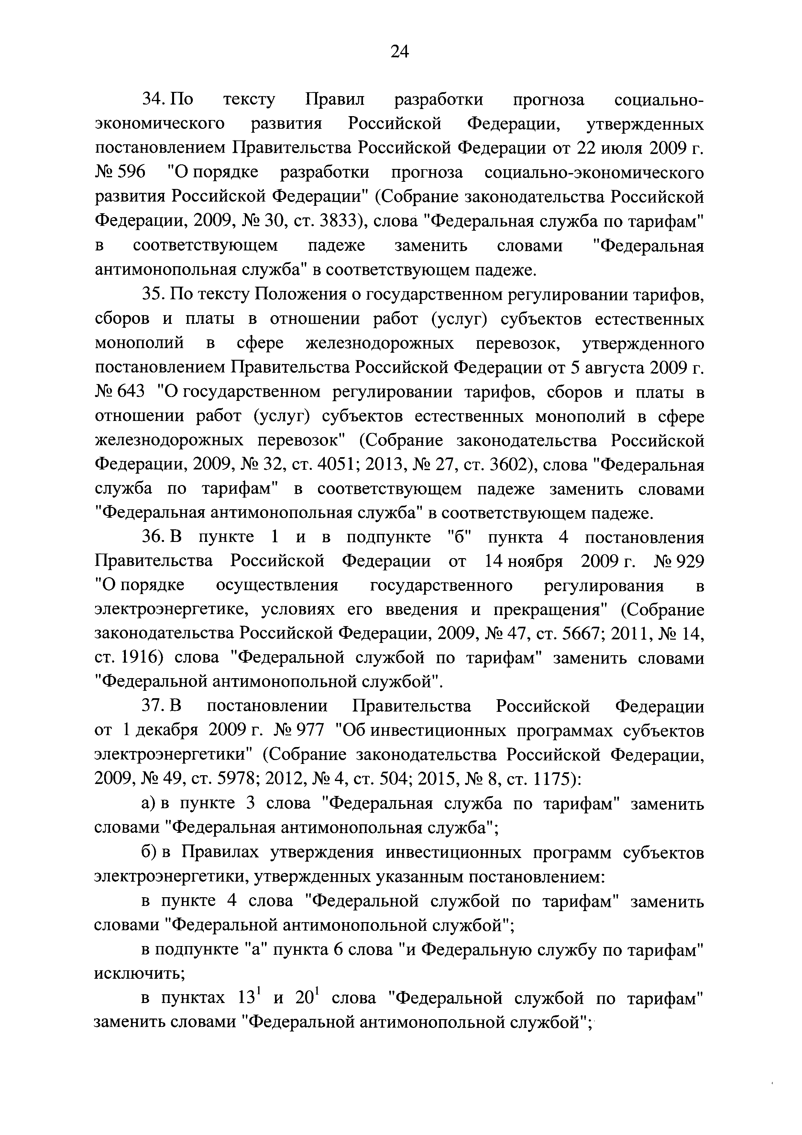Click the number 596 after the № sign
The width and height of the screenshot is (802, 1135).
[x=131, y=173]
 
